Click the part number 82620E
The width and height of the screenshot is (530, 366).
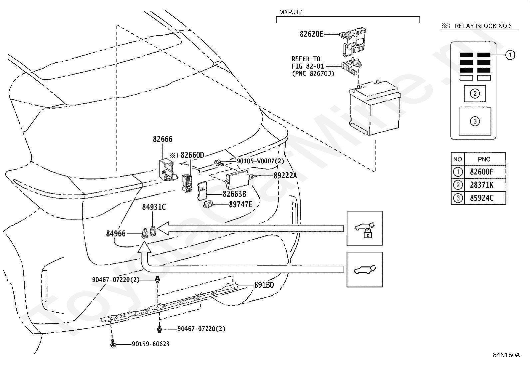311,34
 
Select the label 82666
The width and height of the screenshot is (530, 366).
162,139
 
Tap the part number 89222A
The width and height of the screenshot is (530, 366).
285,176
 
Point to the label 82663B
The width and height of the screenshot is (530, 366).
234,194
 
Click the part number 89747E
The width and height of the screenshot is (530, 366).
241,204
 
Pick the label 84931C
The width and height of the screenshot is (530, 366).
154,207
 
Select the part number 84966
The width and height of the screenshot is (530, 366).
116,234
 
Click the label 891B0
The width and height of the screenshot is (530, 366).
264,285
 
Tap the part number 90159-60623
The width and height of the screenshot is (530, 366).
151,344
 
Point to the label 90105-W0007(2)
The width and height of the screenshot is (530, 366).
260,161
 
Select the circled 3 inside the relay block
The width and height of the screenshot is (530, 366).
475,121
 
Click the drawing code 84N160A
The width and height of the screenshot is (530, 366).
506,355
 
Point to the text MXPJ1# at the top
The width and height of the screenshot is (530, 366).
291,12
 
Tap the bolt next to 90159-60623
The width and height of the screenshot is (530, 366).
113,343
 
